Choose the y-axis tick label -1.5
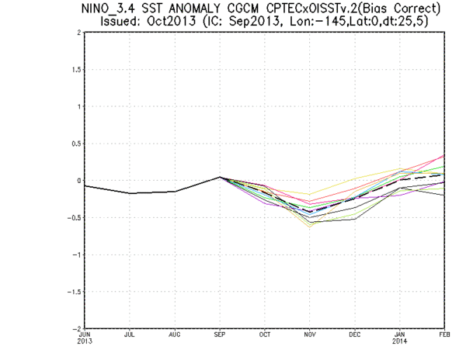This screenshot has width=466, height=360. [x=71, y=292]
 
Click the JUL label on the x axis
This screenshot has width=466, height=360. [x=129, y=334]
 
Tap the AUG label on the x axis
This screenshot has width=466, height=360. [x=174, y=334]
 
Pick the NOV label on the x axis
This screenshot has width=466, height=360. [x=309, y=334]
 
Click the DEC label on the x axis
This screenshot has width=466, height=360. [x=354, y=334]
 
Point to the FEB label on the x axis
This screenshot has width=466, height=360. [x=444, y=334]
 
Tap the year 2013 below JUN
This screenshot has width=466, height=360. [x=85, y=341]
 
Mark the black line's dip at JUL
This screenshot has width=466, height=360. [x=129, y=193]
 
